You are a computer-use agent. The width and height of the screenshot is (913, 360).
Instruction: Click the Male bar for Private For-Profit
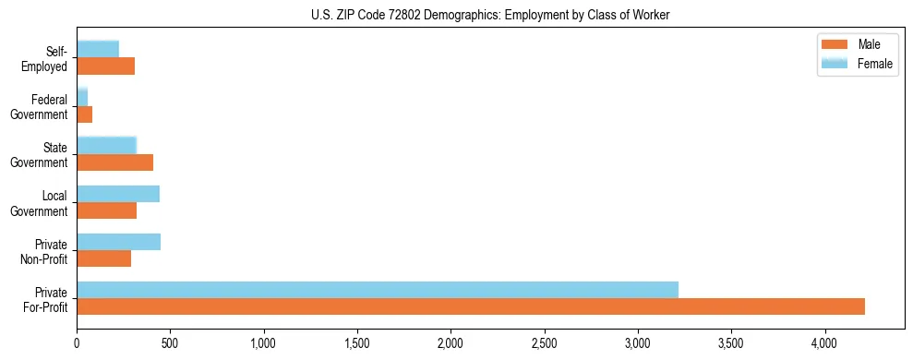tap(471, 306)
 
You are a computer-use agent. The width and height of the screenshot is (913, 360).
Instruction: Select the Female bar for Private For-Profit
tap(378, 290)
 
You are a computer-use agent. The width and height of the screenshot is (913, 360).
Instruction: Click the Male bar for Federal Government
tap(85, 114)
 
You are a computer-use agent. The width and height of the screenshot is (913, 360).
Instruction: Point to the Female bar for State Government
tap(107, 146)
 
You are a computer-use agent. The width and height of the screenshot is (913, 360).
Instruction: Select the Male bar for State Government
tap(115, 162)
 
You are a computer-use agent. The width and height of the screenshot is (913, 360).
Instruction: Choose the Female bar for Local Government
tap(118, 194)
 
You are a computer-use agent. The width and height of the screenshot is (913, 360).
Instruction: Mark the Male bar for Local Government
tap(107, 210)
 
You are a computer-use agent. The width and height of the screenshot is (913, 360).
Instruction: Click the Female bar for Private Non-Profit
tap(119, 242)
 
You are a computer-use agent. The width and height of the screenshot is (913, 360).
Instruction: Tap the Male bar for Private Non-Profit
tap(104, 258)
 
